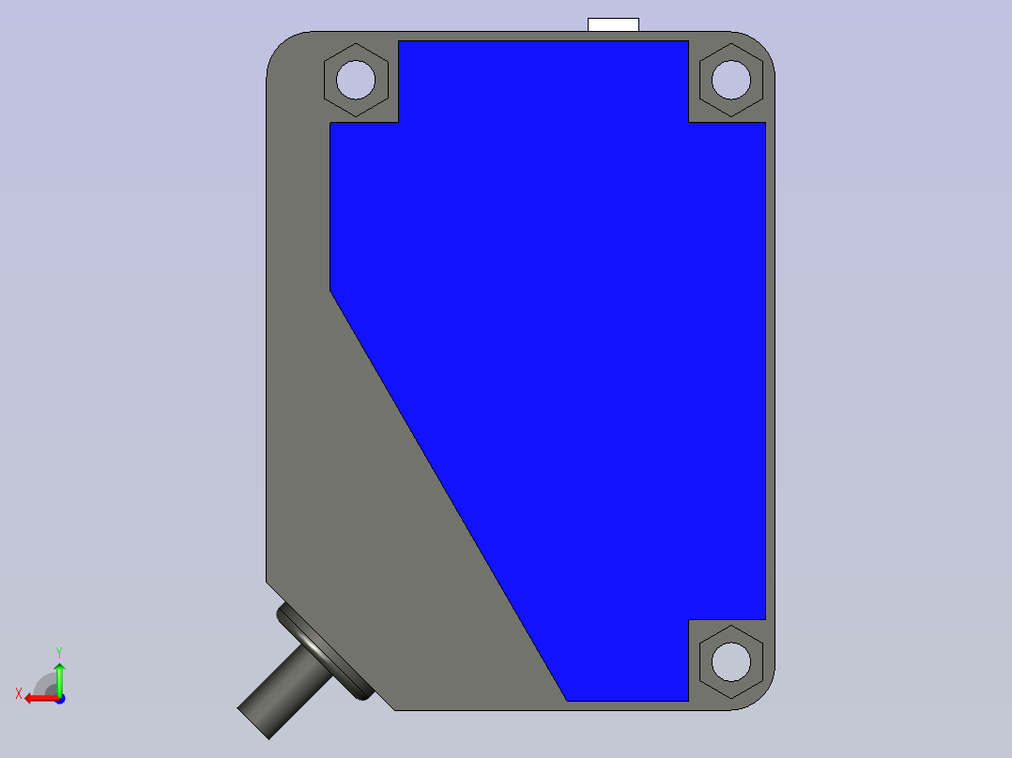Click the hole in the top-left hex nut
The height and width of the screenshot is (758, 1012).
[x=356, y=80]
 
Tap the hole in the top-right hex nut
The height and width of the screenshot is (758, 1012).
[x=731, y=80]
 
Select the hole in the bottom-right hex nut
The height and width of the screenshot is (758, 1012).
[x=731, y=662]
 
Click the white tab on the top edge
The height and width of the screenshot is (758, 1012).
[x=613, y=24]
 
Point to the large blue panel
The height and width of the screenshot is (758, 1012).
[x=561, y=323]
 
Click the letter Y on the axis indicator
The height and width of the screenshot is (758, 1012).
[x=59, y=653]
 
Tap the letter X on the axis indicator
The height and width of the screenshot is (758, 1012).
[x=19, y=694]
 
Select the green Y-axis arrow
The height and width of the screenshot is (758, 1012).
[x=59, y=679]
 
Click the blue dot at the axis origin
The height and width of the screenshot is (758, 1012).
[x=61, y=699]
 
